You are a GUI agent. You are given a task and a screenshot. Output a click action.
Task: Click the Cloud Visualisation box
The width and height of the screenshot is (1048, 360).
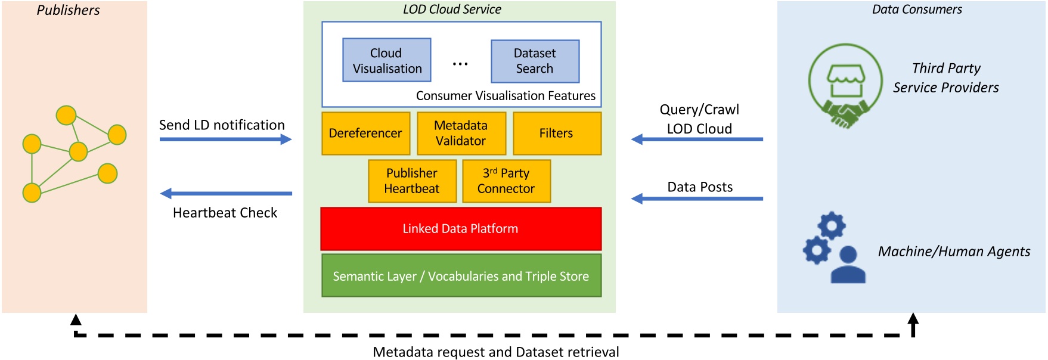tap(386, 60)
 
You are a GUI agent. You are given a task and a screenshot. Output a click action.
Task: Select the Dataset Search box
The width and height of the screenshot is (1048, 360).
tap(535, 61)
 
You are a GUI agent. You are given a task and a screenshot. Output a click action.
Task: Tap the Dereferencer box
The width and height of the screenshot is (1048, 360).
tap(365, 134)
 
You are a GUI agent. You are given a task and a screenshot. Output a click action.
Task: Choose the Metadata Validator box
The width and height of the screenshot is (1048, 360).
tap(461, 134)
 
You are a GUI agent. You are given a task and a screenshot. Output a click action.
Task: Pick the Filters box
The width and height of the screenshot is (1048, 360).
tap(556, 134)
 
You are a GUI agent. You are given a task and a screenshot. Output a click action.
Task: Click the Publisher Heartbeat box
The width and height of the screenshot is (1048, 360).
tap(412, 181)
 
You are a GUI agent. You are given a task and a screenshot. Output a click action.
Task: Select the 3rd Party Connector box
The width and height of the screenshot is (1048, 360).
tap(506, 181)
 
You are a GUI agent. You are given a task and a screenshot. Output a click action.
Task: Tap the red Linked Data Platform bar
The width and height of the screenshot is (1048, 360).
tap(461, 229)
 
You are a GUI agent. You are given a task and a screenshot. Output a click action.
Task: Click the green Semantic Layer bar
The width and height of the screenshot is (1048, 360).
tap(461, 276)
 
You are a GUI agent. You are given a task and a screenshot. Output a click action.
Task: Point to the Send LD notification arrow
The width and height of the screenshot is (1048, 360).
tap(225, 139)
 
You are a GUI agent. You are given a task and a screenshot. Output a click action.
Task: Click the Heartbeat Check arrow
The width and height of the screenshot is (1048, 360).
tap(225, 194)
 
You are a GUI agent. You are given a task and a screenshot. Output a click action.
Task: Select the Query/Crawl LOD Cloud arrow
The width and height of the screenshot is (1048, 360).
tap(697, 139)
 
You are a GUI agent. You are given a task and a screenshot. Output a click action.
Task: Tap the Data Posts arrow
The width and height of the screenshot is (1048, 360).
tap(697, 198)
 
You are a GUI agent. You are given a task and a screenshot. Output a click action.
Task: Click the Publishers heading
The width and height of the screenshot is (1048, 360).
tap(68, 10)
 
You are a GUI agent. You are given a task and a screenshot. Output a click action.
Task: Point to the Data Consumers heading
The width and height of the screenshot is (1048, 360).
tap(916, 10)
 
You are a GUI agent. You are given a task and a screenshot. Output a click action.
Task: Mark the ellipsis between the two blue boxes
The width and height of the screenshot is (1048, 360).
tap(460, 64)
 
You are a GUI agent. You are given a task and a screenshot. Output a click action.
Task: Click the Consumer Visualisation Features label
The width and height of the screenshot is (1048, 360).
tap(506, 96)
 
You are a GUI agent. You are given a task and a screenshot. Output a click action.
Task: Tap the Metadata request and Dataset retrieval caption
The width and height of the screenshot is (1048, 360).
tap(495, 352)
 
